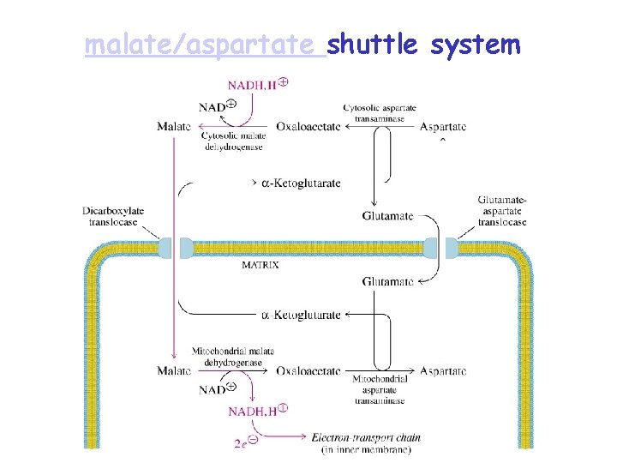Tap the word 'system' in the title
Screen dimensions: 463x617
(476, 45)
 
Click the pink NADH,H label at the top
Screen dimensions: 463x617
(255, 85)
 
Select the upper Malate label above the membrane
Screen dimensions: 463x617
(174, 128)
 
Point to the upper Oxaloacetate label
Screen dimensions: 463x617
(308, 128)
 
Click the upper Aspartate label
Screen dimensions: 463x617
(443, 128)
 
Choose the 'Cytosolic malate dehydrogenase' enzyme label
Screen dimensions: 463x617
(233, 141)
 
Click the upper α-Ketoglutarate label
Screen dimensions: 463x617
(301, 183)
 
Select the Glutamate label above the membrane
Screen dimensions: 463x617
(388, 214)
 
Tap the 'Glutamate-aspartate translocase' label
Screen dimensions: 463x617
(502, 211)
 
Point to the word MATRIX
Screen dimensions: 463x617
(260, 265)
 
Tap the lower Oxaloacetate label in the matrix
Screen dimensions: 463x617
(308, 371)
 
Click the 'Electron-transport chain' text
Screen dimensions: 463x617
(366, 438)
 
